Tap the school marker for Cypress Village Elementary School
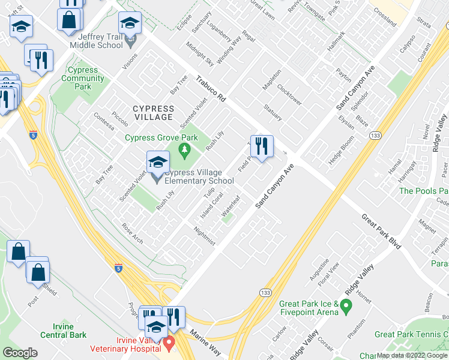click(157, 163)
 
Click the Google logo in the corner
click(20, 353)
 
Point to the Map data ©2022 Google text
click(412, 355)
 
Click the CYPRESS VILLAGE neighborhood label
click(153, 113)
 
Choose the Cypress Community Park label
click(83, 78)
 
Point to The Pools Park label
click(423, 191)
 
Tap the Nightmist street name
click(205, 235)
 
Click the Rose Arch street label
click(133, 233)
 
